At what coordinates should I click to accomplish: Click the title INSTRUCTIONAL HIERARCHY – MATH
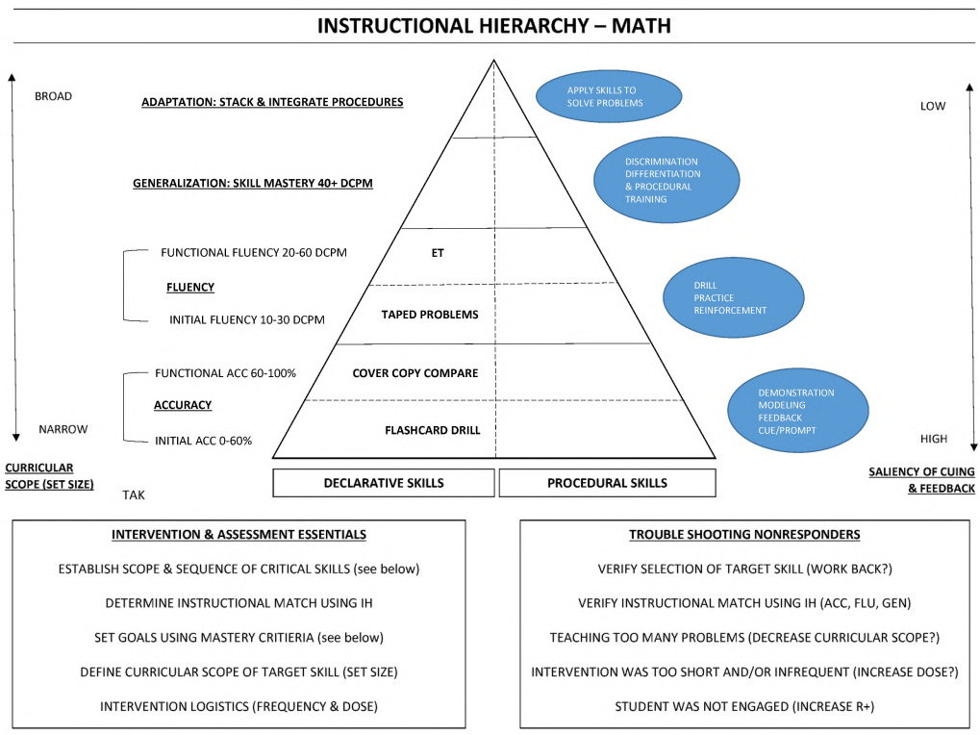pyautogui.click(x=493, y=26)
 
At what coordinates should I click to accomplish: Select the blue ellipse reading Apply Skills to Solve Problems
pyautogui.click(x=608, y=96)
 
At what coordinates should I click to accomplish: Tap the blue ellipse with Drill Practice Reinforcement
pyautogui.click(x=734, y=298)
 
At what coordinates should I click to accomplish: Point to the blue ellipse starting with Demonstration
pyautogui.click(x=798, y=411)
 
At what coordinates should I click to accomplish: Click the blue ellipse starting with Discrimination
pyautogui.click(x=666, y=180)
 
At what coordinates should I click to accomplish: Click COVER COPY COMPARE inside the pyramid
pyautogui.click(x=415, y=372)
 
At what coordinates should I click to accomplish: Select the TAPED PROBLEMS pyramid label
pyautogui.click(x=429, y=315)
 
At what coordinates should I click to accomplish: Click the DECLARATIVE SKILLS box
pyautogui.click(x=384, y=483)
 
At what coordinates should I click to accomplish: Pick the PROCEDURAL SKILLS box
pyautogui.click(x=607, y=483)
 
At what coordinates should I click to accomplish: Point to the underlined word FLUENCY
pyautogui.click(x=190, y=287)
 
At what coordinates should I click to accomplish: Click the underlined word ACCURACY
pyautogui.click(x=183, y=405)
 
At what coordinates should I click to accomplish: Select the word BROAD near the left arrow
pyautogui.click(x=53, y=96)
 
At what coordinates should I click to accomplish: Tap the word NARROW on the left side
pyautogui.click(x=63, y=429)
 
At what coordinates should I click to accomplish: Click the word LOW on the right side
pyautogui.click(x=933, y=106)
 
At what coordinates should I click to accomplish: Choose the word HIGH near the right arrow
pyautogui.click(x=933, y=439)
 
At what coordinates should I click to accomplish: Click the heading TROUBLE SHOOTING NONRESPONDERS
pyautogui.click(x=744, y=535)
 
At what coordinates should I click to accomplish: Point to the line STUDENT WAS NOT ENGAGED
pyautogui.click(x=744, y=706)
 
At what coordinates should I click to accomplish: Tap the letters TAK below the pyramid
pyautogui.click(x=134, y=494)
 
